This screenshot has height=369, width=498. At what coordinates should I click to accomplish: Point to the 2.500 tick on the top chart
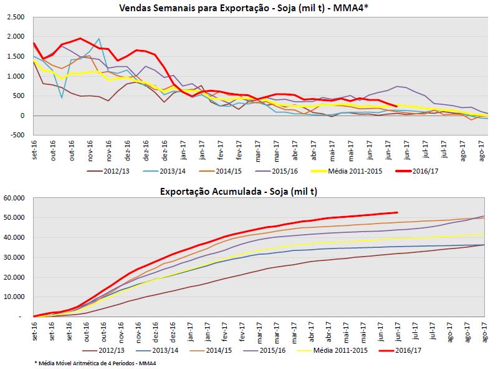click(x=16, y=17)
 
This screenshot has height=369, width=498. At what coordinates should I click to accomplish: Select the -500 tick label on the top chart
click(x=17, y=135)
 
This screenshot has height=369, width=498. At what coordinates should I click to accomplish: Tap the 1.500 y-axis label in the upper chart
click(x=16, y=56)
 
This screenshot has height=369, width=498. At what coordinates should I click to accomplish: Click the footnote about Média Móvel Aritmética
click(x=94, y=363)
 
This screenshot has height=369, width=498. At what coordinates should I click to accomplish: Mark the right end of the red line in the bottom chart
click(x=397, y=212)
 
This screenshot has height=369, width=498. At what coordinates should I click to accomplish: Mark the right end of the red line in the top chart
click(x=396, y=106)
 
